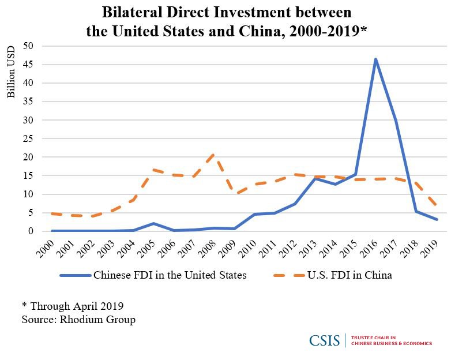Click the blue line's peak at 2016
375,59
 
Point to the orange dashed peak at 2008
213,155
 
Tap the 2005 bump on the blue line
152,223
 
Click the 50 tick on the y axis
28,46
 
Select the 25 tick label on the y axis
28,138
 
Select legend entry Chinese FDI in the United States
170,275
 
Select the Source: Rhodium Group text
78,319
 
